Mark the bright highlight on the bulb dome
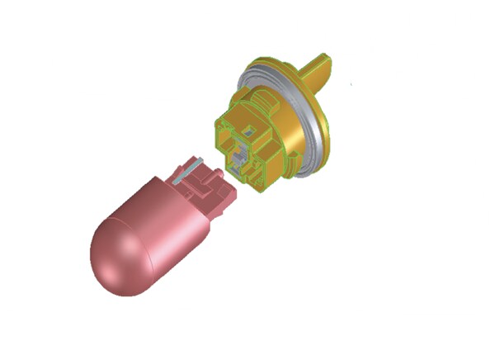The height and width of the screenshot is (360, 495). coord(111,248)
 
